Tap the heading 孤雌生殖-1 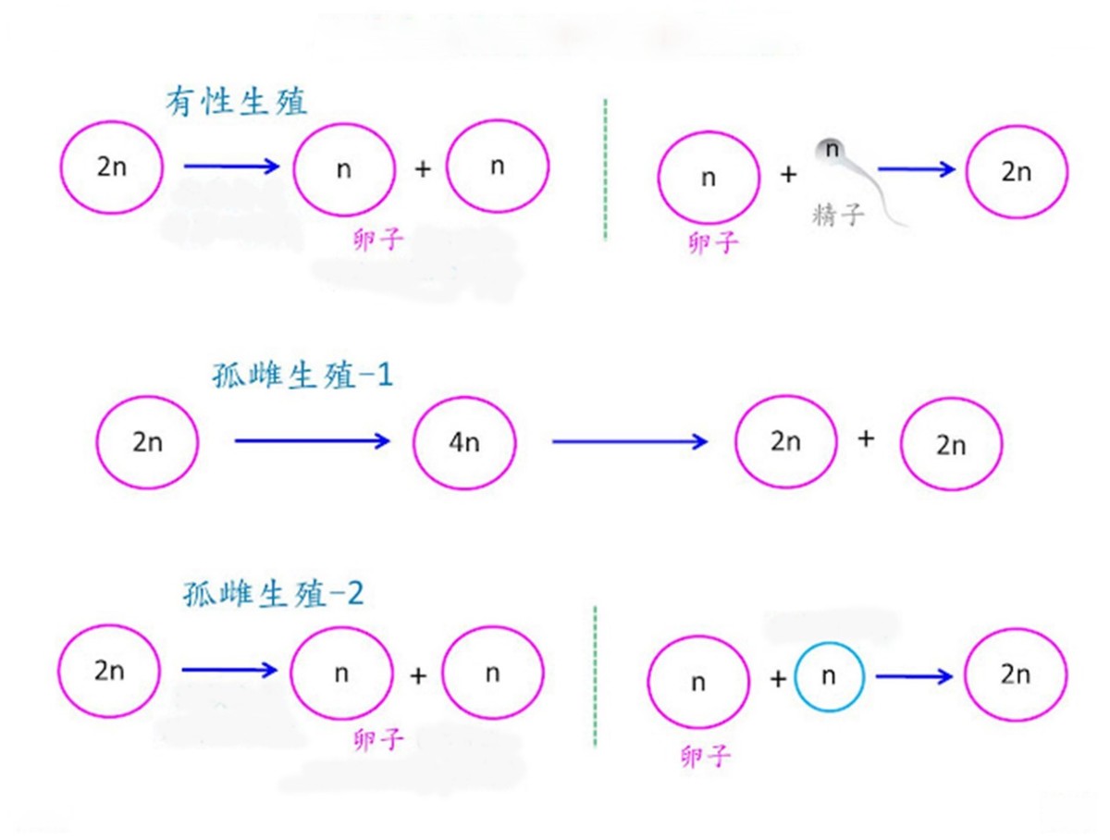[297, 377]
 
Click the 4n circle [464, 443]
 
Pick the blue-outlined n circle [828, 677]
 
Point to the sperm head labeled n [832, 149]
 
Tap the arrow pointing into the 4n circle [313, 441]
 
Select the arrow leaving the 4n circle [629, 441]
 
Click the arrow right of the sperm [916, 169]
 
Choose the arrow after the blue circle [914, 677]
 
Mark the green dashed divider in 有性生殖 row [605, 169]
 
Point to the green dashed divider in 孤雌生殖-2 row [594, 675]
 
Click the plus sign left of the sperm [788, 173]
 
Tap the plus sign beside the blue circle [778, 680]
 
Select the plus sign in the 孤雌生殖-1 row [866, 439]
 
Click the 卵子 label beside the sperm [714, 242]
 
